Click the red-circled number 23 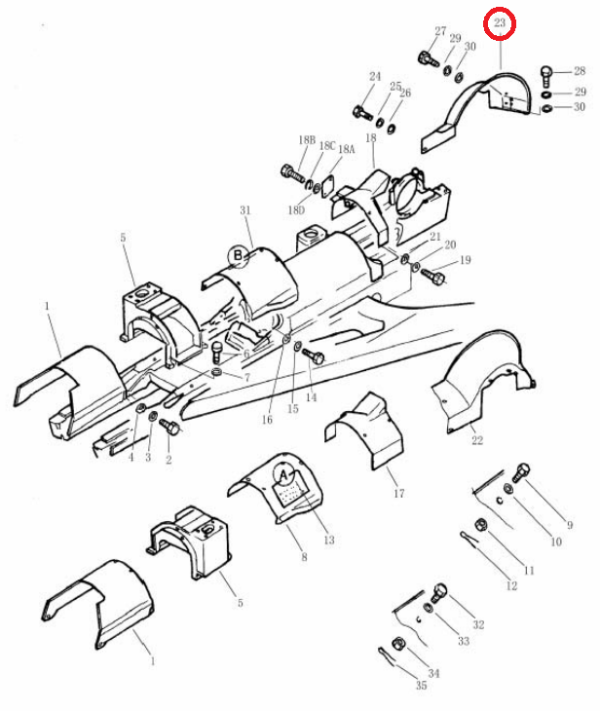pyautogui.click(x=500, y=22)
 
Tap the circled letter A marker pyautogui.click(x=284, y=475)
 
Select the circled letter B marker pyautogui.click(x=238, y=256)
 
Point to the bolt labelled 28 pyautogui.click(x=546, y=76)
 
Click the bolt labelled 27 pyautogui.click(x=428, y=58)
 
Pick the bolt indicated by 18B pyautogui.click(x=293, y=173)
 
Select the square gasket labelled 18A pyautogui.click(x=327, y=189)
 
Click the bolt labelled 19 pyautogui.click(x=433, y=276)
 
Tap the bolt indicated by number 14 pyautogui.click(x=313, y=355)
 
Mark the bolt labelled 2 pyautogui.click(x=170, y=427)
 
